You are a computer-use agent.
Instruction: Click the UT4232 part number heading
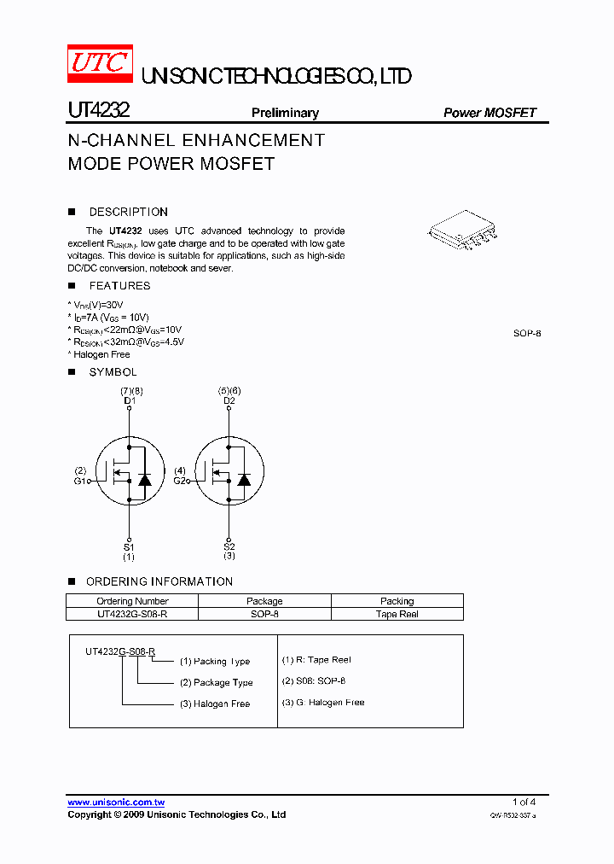point(98,112)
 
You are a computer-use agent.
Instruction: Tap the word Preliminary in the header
point(285,113)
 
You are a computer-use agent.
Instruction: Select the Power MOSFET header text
point(489,113)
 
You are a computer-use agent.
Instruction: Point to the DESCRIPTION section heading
point(128,212)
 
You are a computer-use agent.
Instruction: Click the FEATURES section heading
point(119,286)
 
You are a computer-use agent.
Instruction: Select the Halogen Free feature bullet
point(100,354)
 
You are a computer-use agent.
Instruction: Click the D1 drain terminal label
point(130,400)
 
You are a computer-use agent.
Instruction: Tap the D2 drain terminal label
point(229,400)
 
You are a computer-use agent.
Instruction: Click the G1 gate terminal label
point(80,481)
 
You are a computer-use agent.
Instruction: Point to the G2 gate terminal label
point(179,481)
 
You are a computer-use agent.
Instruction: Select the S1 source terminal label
point(129,546)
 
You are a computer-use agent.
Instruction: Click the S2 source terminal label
point(229,546)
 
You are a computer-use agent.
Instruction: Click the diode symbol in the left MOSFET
point(145,479)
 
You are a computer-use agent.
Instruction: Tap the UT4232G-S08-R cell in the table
point(132,614)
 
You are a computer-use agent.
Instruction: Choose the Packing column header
point(397,601)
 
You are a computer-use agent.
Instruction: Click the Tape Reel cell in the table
point(397,614)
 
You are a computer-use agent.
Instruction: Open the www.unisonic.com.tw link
point(116,802)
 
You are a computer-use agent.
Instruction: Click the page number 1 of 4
point(524,802)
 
